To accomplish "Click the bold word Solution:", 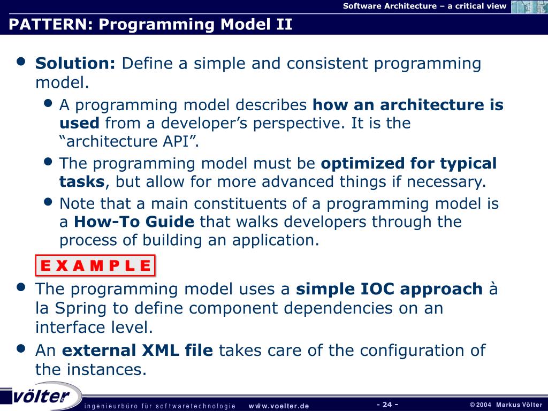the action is pos(75,63).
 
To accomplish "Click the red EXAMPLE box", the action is pos(95,265).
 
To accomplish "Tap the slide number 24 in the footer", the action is pos(387,405).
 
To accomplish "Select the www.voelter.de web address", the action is pos(279,406).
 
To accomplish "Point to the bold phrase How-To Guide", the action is pos(134,222).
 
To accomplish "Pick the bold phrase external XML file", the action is pos(138,350).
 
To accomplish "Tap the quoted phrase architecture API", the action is pos(130,141).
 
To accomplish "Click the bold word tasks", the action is pos(82,182).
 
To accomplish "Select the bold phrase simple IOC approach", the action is pos(390,290).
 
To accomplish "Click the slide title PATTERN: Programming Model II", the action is pos(150,25).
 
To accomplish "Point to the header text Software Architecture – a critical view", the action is pos(424,6).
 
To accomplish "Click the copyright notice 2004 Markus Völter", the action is pos(506,405).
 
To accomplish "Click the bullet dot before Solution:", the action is pos(21,62).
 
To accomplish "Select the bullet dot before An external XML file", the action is pos(21,348).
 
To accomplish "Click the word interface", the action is pos(71,328).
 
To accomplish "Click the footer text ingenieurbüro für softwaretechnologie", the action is pos(160,406).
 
